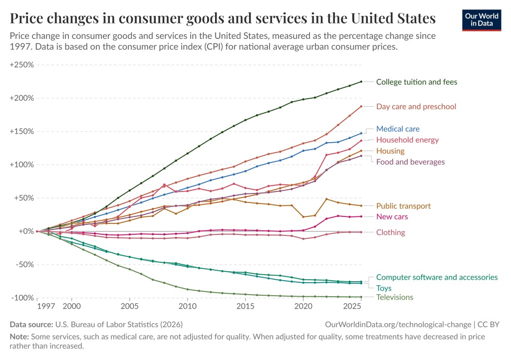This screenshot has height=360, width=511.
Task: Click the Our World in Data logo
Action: click(x=483, y=19)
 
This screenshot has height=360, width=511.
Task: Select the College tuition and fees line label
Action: click(x=416, y=82)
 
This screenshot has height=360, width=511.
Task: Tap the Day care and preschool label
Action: click(x=416, y=107)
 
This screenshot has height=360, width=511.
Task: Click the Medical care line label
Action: click(x=398, y=129)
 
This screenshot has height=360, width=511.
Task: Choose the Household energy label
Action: click(x=407, y=140)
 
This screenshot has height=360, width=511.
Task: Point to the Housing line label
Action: click(x=390, y=151)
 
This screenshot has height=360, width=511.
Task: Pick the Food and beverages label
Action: click(x=410, y=162)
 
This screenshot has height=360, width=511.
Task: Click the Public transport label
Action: click(x=403, y=206)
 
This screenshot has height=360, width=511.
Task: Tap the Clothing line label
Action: click(x=391, y=232)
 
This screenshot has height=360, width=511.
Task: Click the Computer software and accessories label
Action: click(x=437, y=277)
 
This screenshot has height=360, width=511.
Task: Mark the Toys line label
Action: click(x=384, y=288)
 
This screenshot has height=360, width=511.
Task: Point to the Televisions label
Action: click(x=395, y=298)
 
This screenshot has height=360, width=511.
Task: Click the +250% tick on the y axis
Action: click(x=21, y=65)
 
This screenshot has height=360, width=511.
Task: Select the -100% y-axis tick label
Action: click(x=22, y=298)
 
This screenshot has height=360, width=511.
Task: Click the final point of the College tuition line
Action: click(x=361, y=82)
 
